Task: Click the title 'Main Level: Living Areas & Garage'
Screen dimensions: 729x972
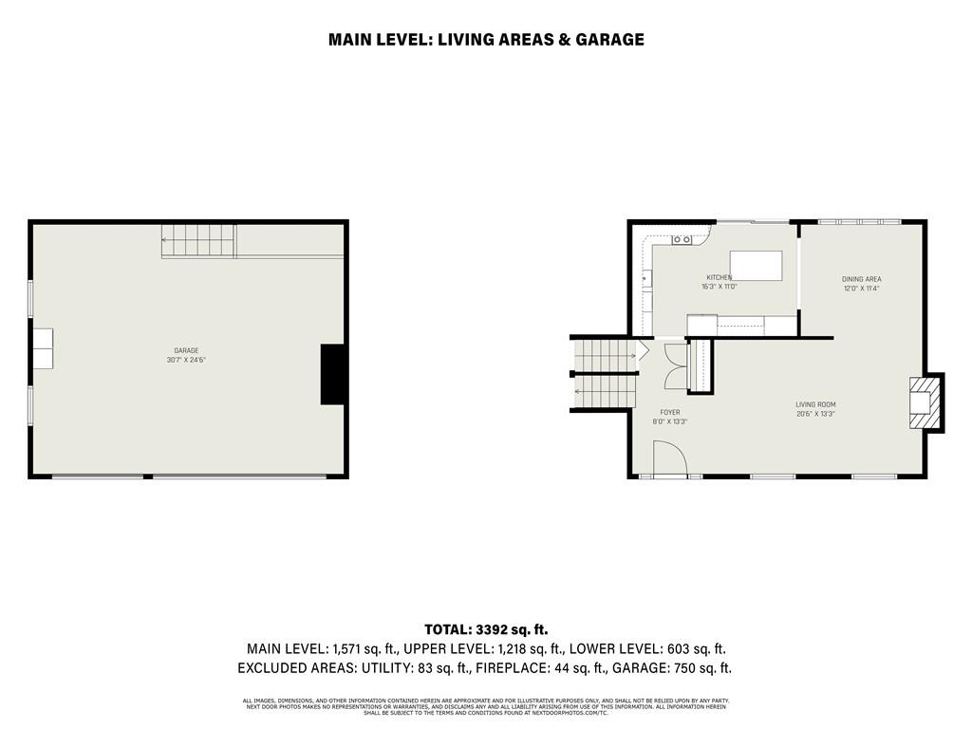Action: [486, 39]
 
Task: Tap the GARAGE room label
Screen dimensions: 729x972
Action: [186, 350]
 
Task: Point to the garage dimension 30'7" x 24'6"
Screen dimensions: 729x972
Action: [186, 360]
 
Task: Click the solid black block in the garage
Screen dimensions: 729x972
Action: [332, 374]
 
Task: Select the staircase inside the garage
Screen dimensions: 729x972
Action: [196, 240]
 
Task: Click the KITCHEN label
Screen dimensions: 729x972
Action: [719, 277]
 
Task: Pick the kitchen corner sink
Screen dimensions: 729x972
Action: [682, 239]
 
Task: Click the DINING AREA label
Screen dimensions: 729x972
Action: [861, 279]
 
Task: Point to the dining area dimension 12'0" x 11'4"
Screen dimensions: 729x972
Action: [861, 289]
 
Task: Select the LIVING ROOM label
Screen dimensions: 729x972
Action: [815, 404]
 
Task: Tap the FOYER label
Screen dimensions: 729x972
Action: [669, 412]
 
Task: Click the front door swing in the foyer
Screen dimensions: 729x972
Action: [670, 462]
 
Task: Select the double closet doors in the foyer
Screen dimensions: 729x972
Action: [676, 365]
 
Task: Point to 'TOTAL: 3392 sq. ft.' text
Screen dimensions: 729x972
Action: [486, 629]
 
